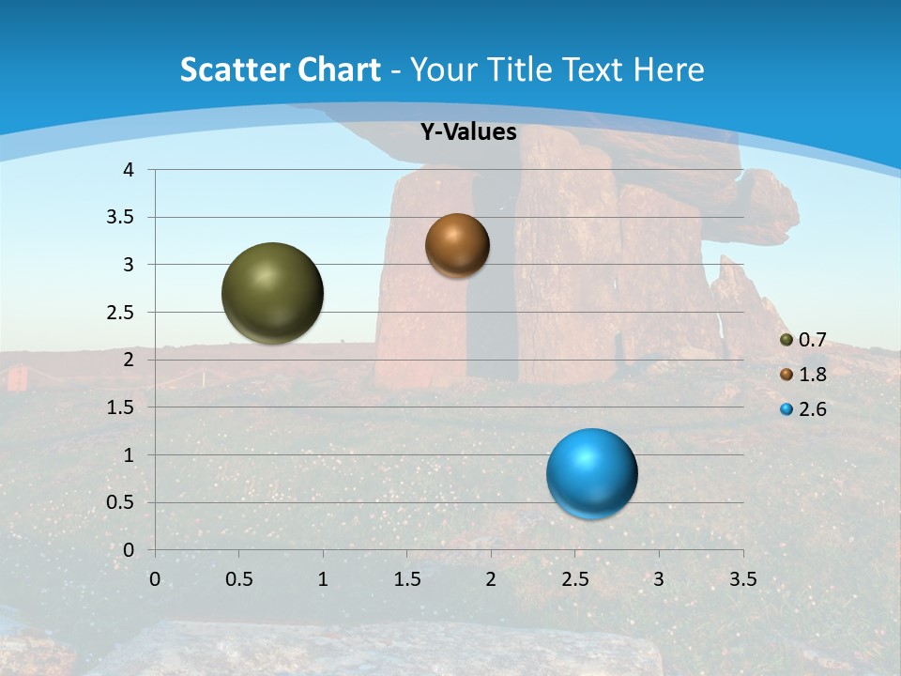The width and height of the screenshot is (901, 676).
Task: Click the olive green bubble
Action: [x=273, y=293]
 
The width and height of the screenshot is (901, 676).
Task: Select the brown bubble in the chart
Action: [x=457, y=245]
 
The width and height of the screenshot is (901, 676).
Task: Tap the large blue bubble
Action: [x=592, y=473]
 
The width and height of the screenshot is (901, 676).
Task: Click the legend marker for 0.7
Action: [x=786, y=340]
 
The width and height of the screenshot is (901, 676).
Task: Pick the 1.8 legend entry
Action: [x=812, y=375]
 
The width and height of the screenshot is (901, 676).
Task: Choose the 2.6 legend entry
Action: [x=812, y=409]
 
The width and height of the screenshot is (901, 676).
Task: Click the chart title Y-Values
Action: [x=468, y=132]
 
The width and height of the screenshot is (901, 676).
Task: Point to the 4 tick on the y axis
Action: [x=129, y=170]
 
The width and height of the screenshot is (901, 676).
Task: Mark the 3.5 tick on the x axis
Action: [x=742, y=579]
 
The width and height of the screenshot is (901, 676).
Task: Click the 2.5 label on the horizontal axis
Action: [x=574, y=579]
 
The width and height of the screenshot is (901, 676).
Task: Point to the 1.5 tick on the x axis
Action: [x=406, y=579]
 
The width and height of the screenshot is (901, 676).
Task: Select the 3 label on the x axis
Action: [x=659, y=579]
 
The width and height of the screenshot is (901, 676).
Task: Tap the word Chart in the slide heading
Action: [x=339, y=69]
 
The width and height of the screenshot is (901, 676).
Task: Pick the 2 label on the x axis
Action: [x=491, y=579]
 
